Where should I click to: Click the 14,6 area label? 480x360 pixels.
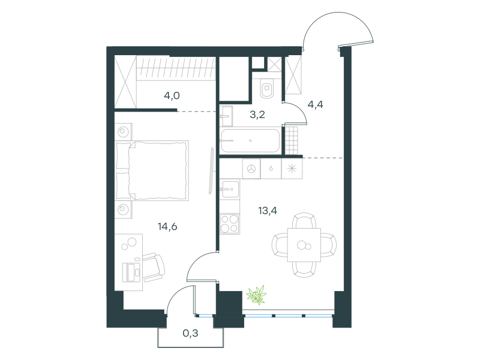coord(167,227)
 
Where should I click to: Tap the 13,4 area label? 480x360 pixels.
coord(268,211)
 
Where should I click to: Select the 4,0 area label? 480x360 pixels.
coord(172,96)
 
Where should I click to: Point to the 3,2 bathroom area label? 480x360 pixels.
coord(257,115)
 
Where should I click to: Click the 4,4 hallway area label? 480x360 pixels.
coord(315,104)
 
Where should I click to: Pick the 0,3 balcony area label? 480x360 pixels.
coord(190,333)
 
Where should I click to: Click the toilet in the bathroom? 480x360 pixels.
coord(267,88)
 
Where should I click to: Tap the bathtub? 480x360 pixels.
coord(250,141)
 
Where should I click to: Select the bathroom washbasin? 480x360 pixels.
coord(226,116)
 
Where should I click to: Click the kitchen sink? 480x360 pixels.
coord(230,189)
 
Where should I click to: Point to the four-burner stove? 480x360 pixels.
coord(230,224)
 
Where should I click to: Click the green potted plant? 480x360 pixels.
coord(257,295)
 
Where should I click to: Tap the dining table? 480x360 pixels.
coord(304,245)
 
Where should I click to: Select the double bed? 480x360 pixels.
coord(152,171)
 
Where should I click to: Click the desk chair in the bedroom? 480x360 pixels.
coord(154,267)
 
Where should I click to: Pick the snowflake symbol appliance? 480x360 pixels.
coord(292,169)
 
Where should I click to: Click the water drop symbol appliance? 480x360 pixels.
coord(271,169)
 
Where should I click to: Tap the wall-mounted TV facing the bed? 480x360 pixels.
coord(211,171)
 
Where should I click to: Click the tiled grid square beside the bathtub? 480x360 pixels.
coord(292,140)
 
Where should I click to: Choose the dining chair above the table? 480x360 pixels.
coord(304,220)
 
